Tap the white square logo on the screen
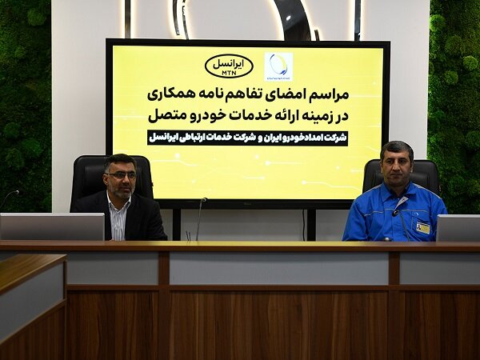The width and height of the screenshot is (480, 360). (278, 66)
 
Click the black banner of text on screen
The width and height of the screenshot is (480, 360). (248, 138)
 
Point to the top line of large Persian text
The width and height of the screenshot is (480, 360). (248, 94)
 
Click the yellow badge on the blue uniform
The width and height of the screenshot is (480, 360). (422, 228)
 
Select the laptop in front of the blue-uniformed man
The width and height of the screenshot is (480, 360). (458, 228)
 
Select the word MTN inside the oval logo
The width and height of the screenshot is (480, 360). (229, 73)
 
